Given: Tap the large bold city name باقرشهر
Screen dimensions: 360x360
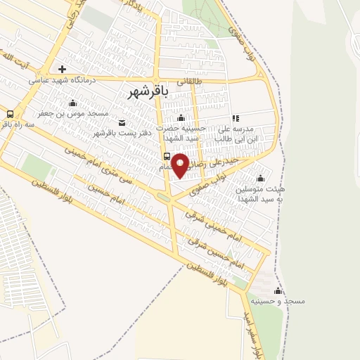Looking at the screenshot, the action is pos(150,92).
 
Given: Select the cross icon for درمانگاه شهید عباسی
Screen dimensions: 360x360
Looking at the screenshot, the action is pos(63,69).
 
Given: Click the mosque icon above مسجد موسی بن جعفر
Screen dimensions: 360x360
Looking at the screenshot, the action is pos(73,104).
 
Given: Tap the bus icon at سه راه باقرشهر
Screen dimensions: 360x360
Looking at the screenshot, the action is pos(10,114).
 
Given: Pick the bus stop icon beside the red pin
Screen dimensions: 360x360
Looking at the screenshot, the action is pos(167,156).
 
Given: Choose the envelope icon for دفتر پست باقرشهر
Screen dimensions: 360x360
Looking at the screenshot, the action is pos(122,124).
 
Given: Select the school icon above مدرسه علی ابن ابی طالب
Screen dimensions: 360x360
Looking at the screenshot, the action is pos(236,118).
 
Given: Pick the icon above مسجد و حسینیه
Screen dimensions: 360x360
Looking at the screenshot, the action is pos(278,291).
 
